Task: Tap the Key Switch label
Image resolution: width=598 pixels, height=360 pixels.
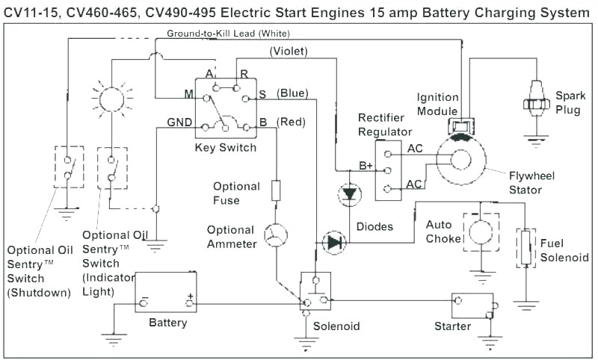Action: coord(226,148)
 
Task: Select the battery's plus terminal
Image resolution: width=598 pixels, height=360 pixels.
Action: coord(190,302)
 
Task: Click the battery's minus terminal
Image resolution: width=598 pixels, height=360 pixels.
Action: coord(144,302)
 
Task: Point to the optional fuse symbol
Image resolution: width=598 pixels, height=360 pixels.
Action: coord(276,190)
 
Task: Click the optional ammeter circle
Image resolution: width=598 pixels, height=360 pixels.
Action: coord(276,235)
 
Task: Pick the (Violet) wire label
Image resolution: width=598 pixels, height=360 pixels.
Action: coord(289,51)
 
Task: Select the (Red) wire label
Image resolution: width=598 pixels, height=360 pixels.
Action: coord(291,121)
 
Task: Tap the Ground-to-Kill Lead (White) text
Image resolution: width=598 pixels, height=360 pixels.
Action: coord(228,34)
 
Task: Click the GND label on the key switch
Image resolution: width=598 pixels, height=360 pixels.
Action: coord(179,122)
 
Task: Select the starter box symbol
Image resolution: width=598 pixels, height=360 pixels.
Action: coord(473,305)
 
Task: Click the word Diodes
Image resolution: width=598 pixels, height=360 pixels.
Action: coord(374,226)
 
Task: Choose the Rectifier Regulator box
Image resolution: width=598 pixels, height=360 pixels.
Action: coord(388,169)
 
